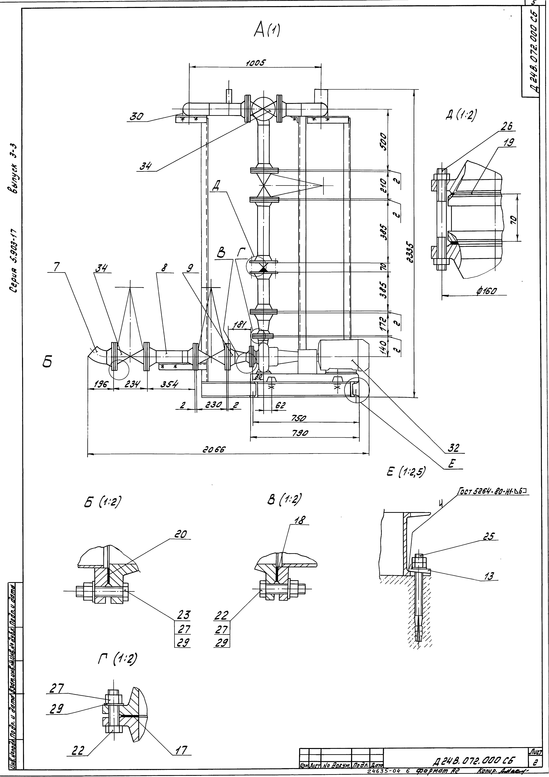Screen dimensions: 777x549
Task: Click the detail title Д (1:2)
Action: click(x=461, y=116)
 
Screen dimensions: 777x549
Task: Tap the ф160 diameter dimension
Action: click(x=486, y=291)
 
